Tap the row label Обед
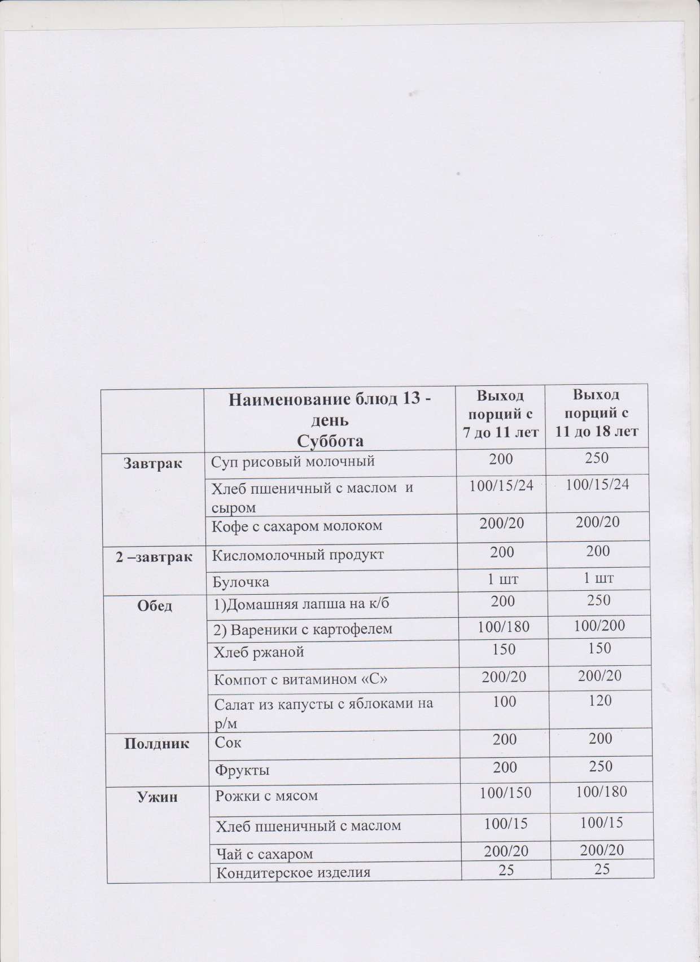pyautogui.click(x=155, y=606)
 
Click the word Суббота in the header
pyautogui.click(x=330, y=440)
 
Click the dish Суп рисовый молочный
pyautogui.click(x=293, y=462)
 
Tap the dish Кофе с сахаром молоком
pyautogui.click(x=296, y=526)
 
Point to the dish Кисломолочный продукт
pyautogui.click(x=297, y=555)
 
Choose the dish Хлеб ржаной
pyautogui.click(x=259, y=652)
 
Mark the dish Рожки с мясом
pyautogui.click(x=266, y=796)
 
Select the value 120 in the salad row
pyautogui.click(x=600, y=701)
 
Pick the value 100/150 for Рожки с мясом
pyautogui.click(x=505, y=793)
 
